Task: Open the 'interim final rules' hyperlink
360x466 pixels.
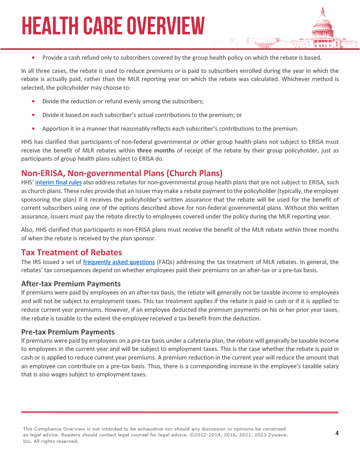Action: pos(59,182)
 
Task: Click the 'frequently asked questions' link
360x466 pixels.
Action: pos(119,262)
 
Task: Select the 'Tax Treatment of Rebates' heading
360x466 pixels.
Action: pos(71,252)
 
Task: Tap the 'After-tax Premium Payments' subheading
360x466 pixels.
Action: pos(71,284)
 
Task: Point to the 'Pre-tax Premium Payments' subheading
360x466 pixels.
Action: pos(68,331)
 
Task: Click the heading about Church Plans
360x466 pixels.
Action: pos(122,173)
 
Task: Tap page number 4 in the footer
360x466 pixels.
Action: pos(337,433)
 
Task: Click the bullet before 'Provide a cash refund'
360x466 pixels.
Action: pos(34,58)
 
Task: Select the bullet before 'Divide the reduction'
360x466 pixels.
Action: pos(34,101)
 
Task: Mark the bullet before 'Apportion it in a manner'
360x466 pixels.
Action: pos(34,128)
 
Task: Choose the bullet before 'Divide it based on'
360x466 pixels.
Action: pos(34,115)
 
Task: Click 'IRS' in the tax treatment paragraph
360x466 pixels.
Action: pos(38,262)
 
